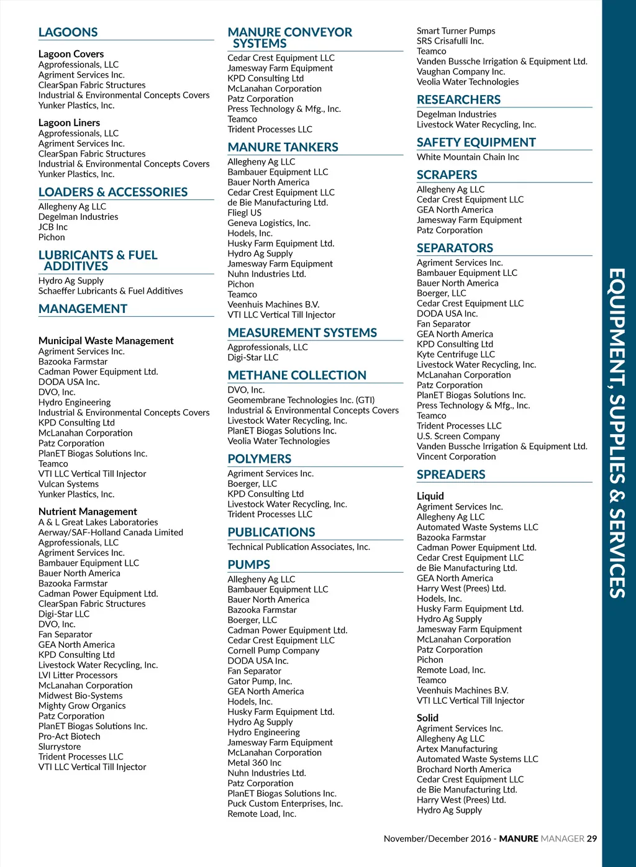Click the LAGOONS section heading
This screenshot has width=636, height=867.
point(68,32)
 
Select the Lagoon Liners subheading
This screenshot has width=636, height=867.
point(69,123)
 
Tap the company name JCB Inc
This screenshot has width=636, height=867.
point(53,227)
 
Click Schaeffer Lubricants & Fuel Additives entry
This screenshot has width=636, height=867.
point(111,291)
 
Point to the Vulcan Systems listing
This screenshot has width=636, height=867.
point(68,484)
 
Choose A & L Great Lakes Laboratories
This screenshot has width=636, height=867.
point(98,522)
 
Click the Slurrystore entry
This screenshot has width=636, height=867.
point(60,747)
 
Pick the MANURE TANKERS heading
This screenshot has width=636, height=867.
point(283,147)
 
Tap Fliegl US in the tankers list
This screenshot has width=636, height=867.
point(245,212)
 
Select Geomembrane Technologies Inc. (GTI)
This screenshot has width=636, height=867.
point(301,400)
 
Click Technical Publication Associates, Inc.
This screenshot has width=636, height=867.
point(298,547)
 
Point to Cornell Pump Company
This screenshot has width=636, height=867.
point(273,650)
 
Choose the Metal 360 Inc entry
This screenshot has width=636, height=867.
point(254,763)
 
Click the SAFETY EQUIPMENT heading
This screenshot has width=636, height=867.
point(476,142)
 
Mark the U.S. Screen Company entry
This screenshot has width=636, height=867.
point(458,436)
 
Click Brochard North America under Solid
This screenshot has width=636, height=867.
point(463,769)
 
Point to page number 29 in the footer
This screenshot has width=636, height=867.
point(592,838)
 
